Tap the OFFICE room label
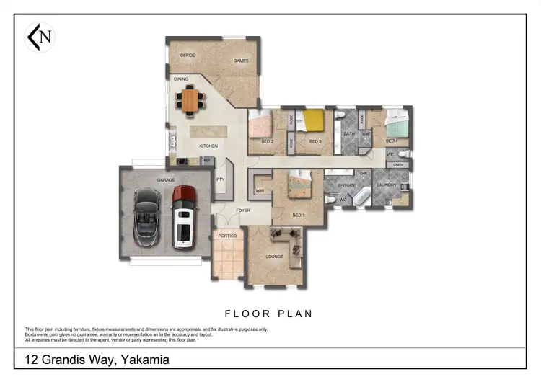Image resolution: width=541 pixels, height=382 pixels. pos(188,55)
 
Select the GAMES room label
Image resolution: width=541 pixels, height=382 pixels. pos(241,61)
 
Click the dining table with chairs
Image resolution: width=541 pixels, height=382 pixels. pos(190,100)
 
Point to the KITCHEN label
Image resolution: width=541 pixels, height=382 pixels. pos(208,146)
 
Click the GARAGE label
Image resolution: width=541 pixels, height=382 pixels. pos(146,180)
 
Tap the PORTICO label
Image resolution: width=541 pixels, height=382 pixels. pos(228,236)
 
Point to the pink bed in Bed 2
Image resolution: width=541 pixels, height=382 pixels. pos(260,125)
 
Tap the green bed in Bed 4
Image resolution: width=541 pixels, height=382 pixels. pos(397,124)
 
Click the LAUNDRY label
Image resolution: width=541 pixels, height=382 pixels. pos(387,185)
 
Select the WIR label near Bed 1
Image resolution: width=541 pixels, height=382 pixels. pos(260,191)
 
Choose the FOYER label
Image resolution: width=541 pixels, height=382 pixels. pos(244,210)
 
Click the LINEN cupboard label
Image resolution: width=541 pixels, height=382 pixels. pos(399,165)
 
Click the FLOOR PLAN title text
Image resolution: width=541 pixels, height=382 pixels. pos(269,314)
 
